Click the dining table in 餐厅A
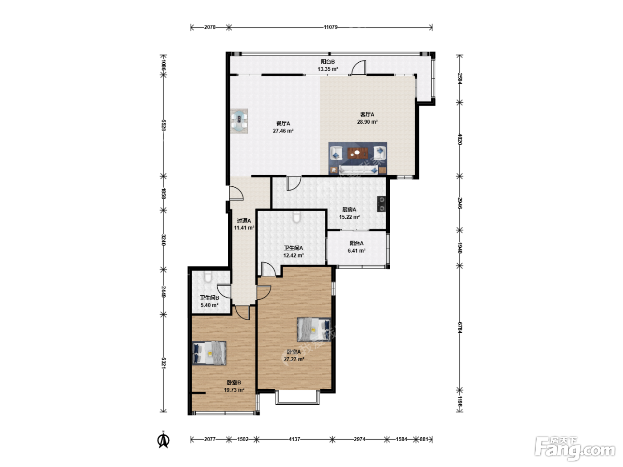[x=239, y=121]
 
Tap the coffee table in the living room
[x=358, y=153]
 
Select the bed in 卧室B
[x=210, y=353]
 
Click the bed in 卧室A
[x=314, y=329]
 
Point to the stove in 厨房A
[x=381, y=204]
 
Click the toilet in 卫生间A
[x=297, y=217]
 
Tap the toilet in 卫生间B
[x=208, y=277]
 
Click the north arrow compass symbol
[x=163, y=440]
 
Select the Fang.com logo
[x=574, y=448]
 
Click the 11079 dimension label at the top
[x=331, y=27]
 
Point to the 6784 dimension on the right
[x=460, y=328]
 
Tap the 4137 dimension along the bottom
[x=294, y=439]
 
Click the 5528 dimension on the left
[x=163, y=125]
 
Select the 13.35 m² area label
[x=328, y=69]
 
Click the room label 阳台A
[x=356, y=243]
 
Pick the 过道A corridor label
[x=244, y=221]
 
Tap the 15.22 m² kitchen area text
[x=349, y=217]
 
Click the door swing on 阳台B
[x=359, y=68]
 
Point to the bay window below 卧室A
[x=297, y=397]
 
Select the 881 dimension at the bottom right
[x=424, y=439]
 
